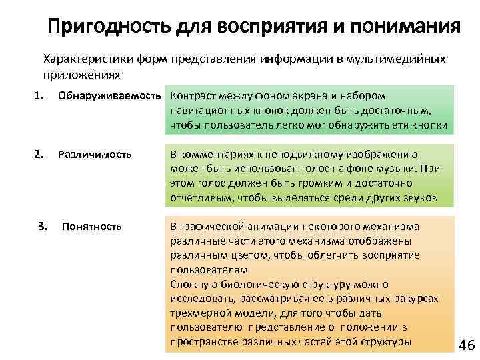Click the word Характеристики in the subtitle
[x=80, y=58]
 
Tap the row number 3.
[x=43, y=226]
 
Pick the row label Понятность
[x=92, y=226]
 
